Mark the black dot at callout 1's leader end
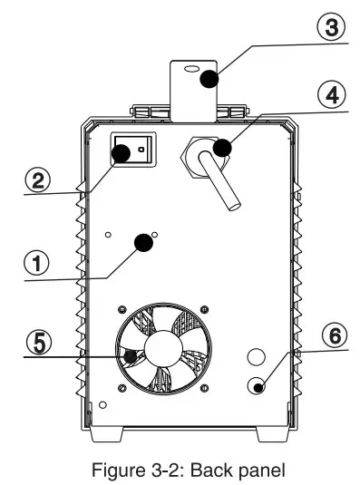pyautogui.click(x=142, y=242)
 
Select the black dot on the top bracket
pyautogui.click(x=209, y=79)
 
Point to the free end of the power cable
pyautogui.click(x=235, y=206)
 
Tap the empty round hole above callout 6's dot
pyautogui.click(x=257, y=356)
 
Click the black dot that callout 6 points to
pyautogui.click(x=259, y=388)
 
